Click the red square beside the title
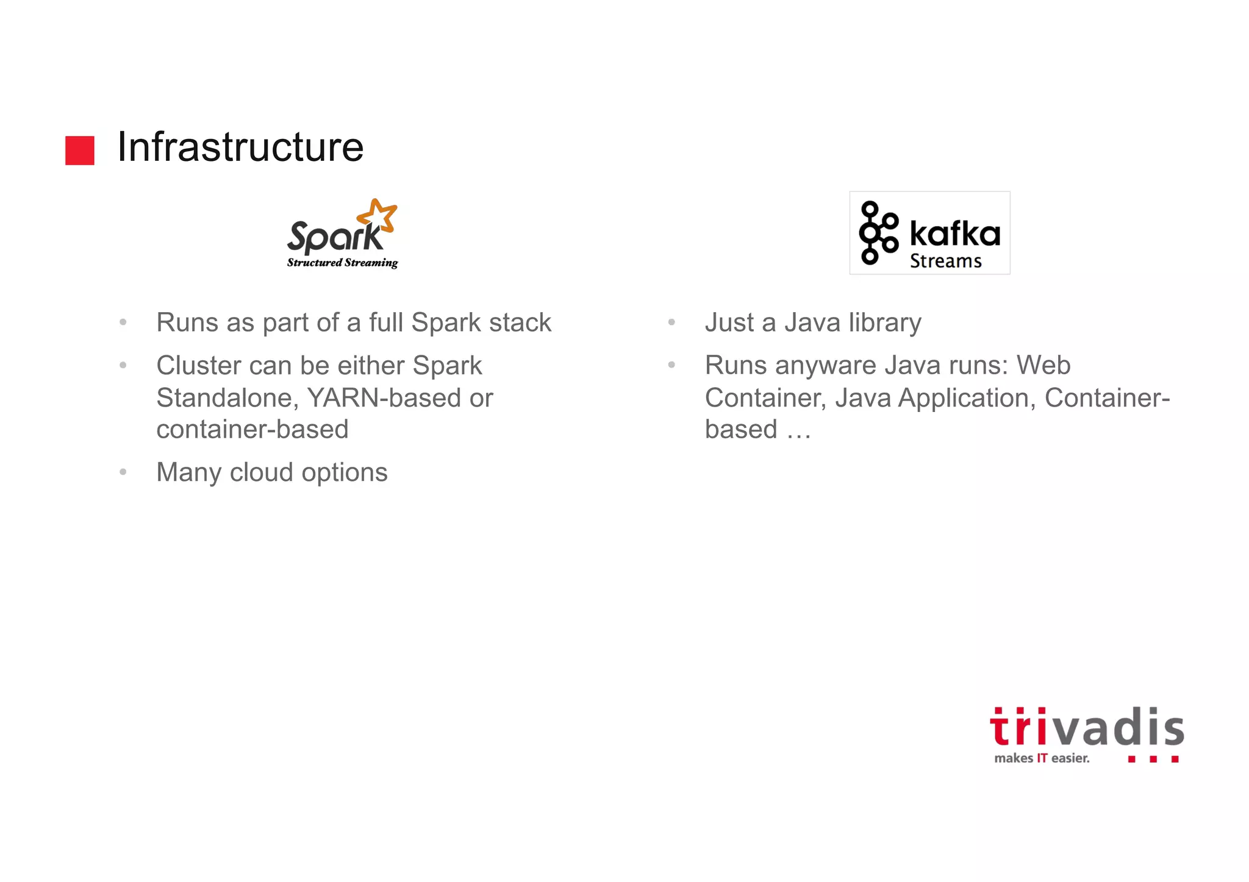pyautogui.click(x=80, y=150)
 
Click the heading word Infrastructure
pyautogui.click(x=240, y=147)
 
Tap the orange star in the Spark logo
pyautogui.click(x=378, y=216)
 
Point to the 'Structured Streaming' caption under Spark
pyautogui.click(x=342, y=263)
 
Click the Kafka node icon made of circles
pyautogui.click(x=878, y=233)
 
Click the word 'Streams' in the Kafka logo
pyautogui.click(x=946, y=261)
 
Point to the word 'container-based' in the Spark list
pyautogui.click(x=252, y=429)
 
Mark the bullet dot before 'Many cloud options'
pyautogui.click(x=123, y=472)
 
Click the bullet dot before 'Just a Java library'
pyautogui.click(x=671, y=322)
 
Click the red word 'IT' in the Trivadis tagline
pyautogui.click(x=1042, y=758)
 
